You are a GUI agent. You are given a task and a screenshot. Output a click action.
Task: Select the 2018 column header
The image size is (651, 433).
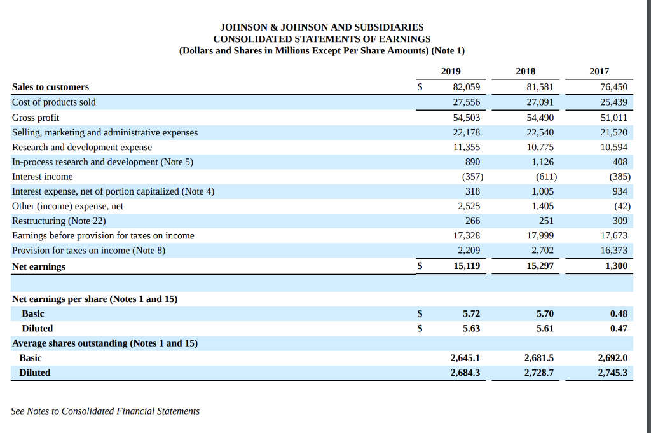tap(525, 72)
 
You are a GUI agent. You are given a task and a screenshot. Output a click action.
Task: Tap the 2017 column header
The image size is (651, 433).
tap(599, 72)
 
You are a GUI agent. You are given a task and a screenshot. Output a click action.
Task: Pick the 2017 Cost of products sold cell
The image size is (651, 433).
tap(613, 102)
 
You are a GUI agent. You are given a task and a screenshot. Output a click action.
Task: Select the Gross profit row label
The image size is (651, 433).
tap(36, 118)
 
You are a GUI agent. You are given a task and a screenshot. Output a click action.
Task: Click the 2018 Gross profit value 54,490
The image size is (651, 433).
tap(540, 118)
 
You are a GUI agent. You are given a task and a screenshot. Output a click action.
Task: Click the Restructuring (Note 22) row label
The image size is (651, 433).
tap(58, 221)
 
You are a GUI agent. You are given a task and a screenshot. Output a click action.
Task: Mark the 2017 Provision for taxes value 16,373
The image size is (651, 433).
tap(613, 250)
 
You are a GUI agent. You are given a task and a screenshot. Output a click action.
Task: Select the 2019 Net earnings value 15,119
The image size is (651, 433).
tap(467, 266)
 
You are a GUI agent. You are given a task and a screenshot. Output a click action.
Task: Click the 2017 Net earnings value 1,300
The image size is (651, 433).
tap(616, 266)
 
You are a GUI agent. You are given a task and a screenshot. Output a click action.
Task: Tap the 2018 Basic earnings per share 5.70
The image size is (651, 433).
tap(545, 313)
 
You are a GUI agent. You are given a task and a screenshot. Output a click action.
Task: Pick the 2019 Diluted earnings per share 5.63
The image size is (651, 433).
tap(471, 328)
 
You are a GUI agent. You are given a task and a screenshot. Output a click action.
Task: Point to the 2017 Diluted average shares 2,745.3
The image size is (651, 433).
tap(612, 373)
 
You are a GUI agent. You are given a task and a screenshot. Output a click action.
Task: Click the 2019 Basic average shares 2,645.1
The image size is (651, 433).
tap(465, 358)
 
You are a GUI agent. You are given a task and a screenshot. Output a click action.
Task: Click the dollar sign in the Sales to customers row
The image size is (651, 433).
tap(420, 87)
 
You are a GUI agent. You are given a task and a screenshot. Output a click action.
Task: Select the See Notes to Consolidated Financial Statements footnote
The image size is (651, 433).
tap(105, 411)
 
